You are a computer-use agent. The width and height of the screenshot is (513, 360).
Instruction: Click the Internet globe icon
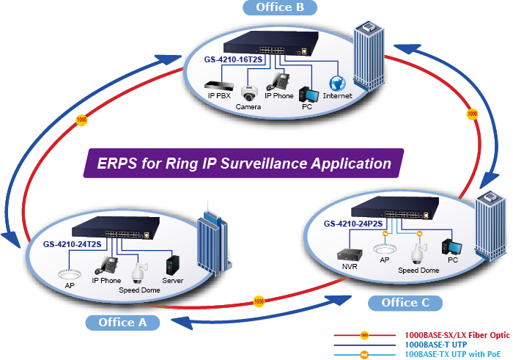pyautogui.click(x=337, y=83)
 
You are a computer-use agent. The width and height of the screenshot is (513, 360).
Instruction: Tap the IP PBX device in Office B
pyautogui.click(x=218, y=86)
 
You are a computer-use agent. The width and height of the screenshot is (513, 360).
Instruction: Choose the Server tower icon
pyautogui.click(x=173, y=264)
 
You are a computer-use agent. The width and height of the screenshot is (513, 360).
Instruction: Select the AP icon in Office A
pyautogui.click(x=70, y=275)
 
